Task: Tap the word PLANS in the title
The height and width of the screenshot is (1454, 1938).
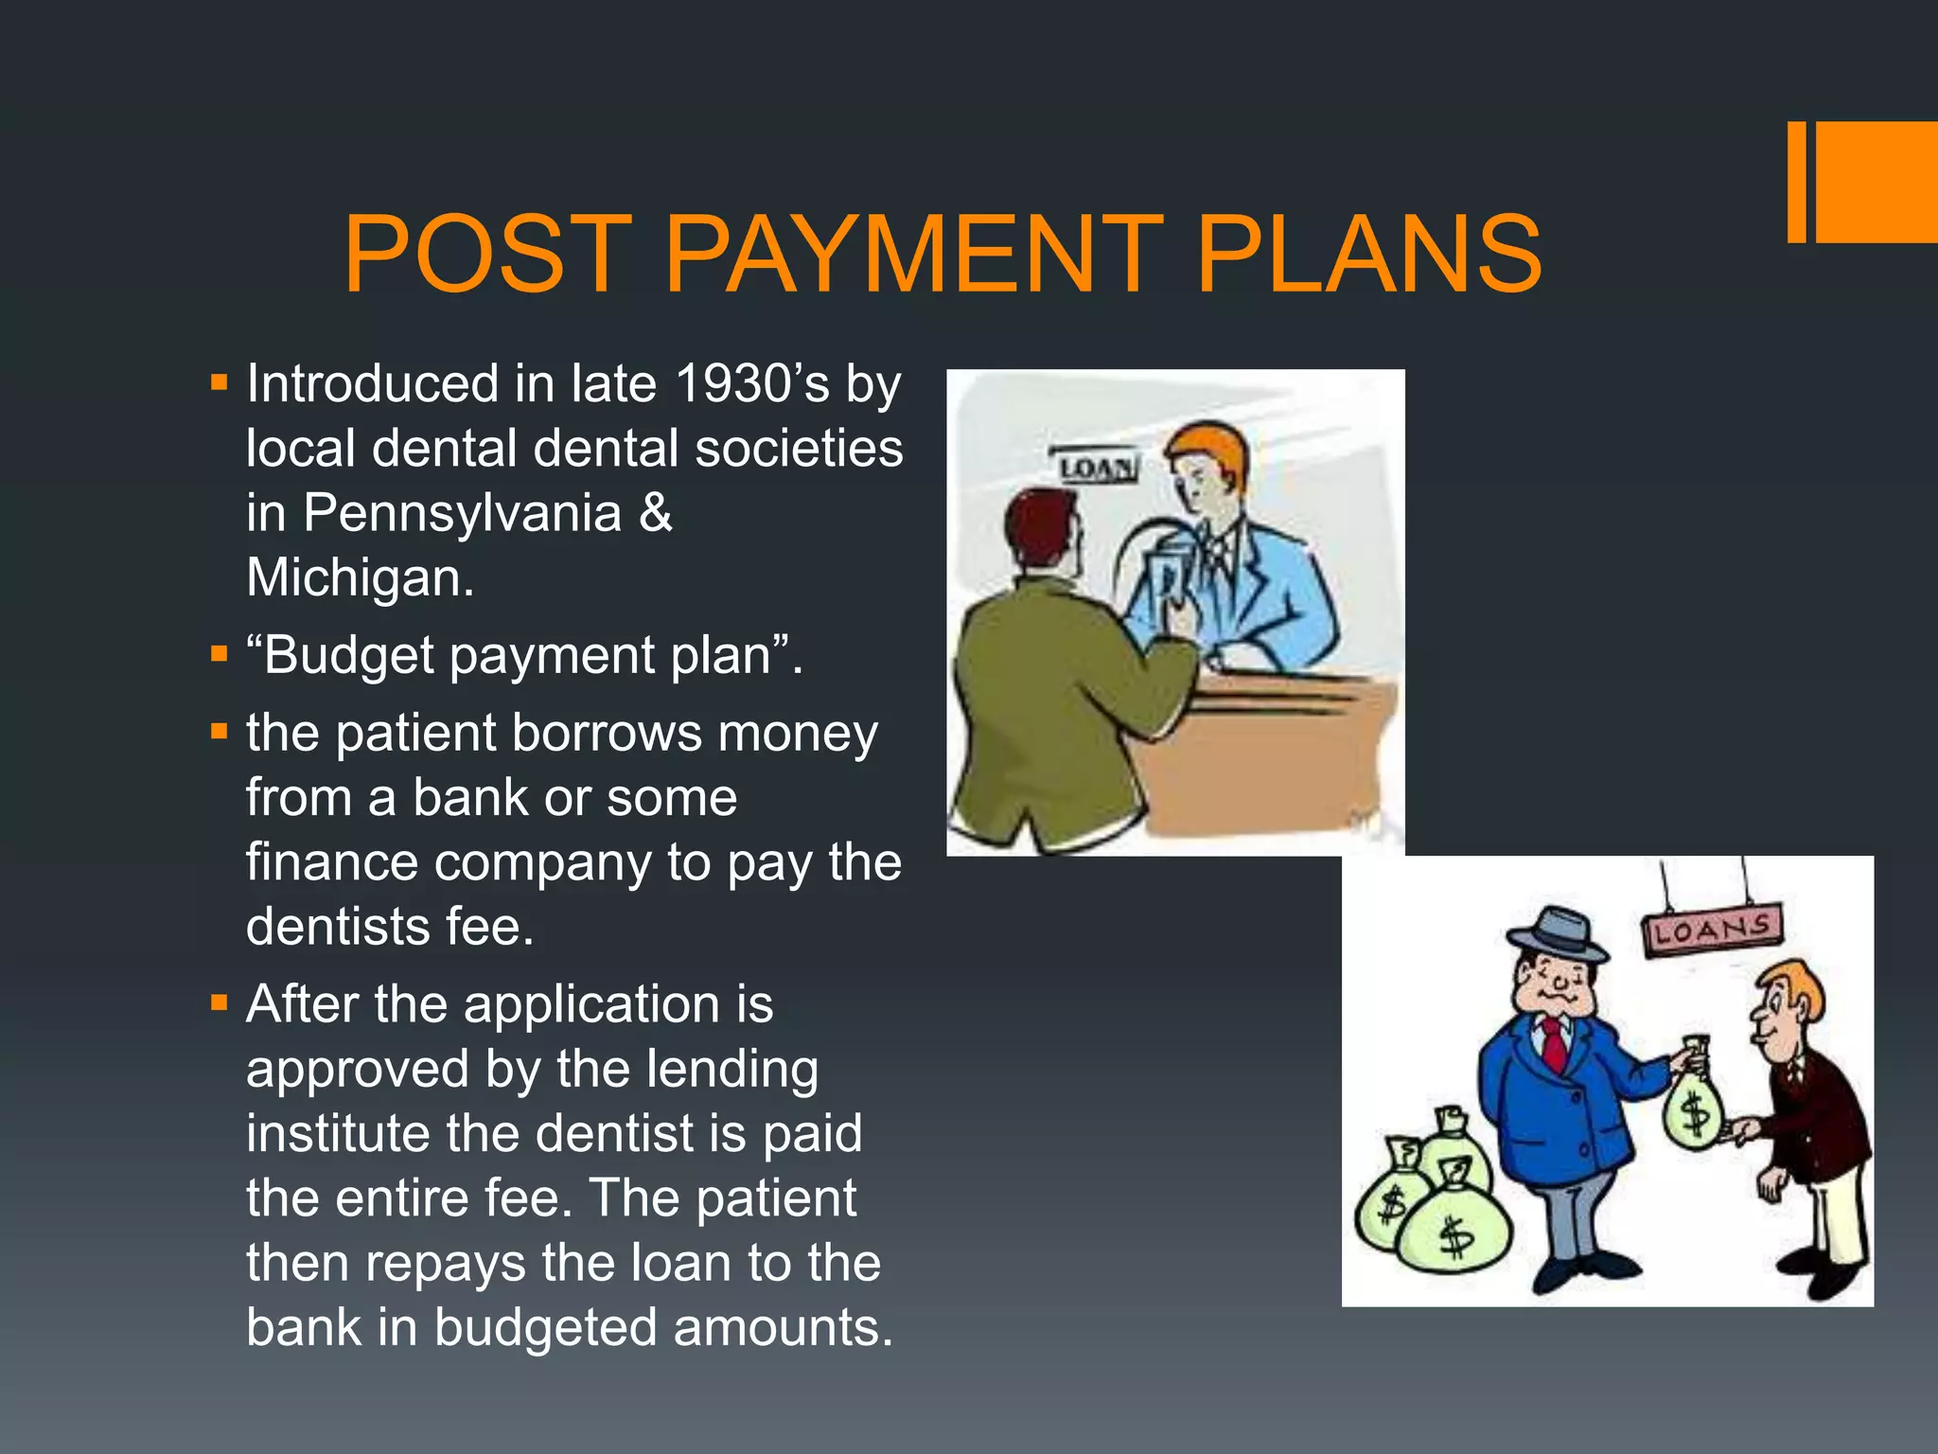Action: click(1368, 254)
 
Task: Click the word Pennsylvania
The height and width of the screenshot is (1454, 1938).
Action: click(462, 514)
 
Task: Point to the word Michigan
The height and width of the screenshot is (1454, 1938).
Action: click(360, 577)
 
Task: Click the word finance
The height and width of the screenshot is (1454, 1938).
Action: click(331, 862)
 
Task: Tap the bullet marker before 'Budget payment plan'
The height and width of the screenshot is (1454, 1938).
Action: click(220, 653)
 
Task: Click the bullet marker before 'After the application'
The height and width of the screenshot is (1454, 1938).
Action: click(220, 1002)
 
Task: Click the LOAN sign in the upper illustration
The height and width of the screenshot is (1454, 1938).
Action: click(1096, 468)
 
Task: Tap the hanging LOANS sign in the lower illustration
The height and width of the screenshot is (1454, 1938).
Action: click(1712, 931)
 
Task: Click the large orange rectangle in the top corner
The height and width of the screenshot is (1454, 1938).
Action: click(1876, 182)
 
